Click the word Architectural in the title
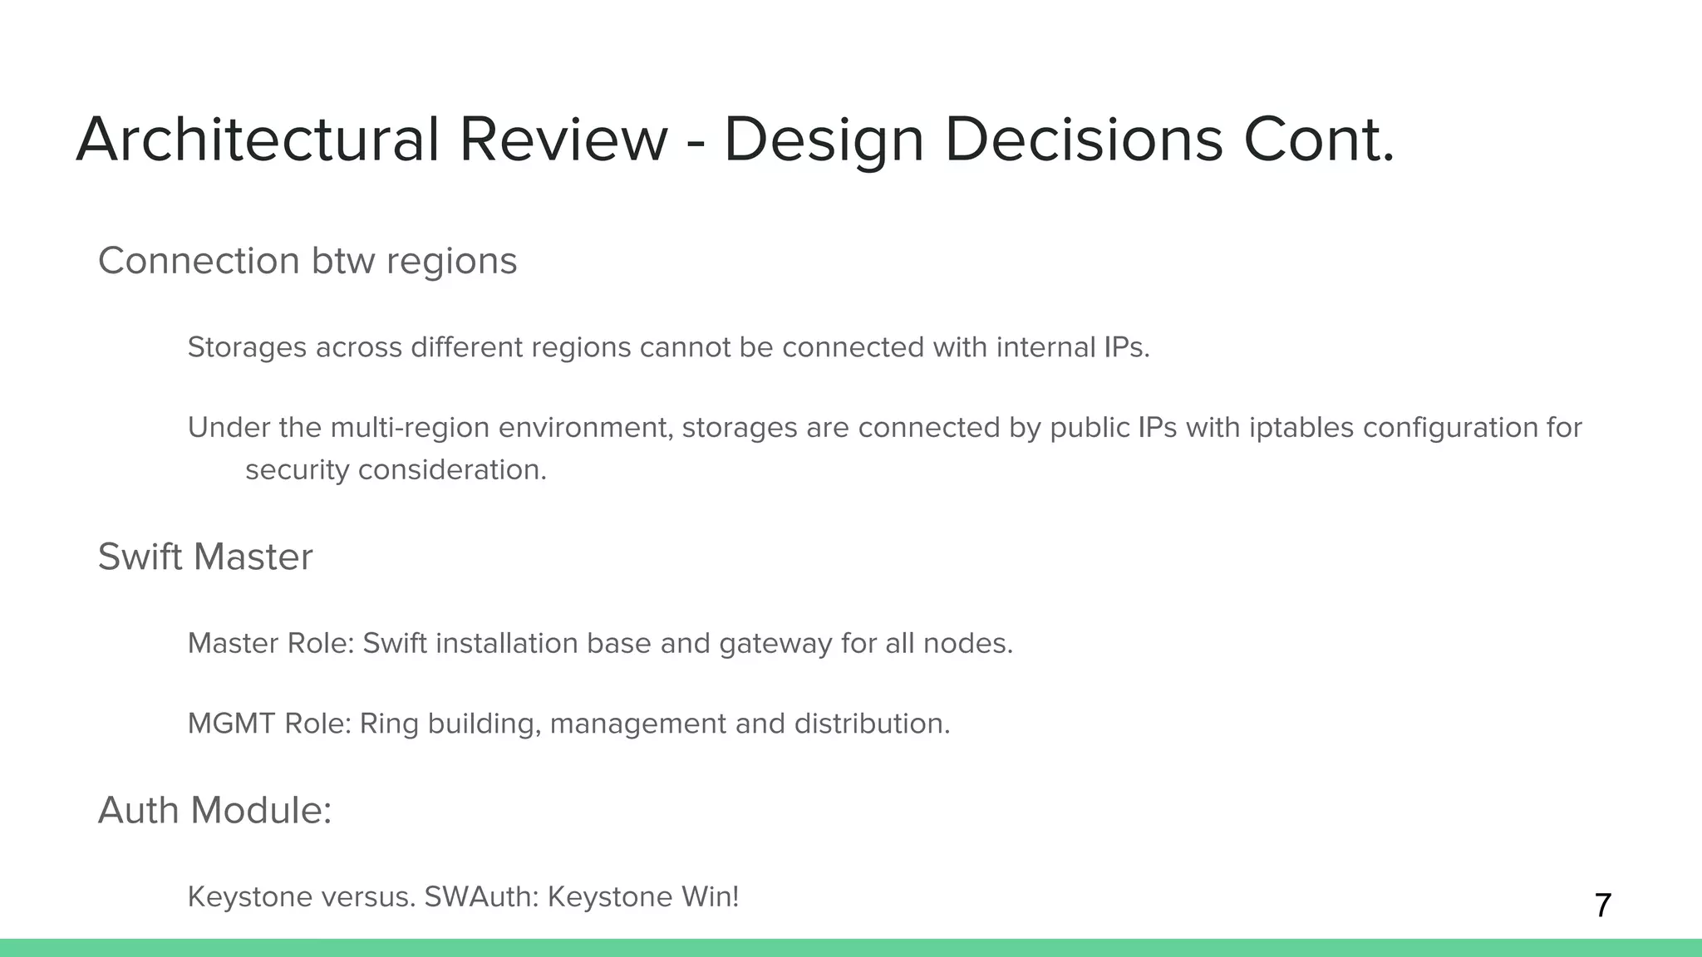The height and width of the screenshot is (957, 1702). point(257,140)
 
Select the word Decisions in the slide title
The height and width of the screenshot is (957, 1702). point(1084,140)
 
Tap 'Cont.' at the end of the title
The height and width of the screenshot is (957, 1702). point(1319,140)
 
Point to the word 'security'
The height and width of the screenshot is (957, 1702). point(297,470)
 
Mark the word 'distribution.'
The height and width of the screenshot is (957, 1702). point(872,724)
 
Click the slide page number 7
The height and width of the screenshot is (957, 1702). point(1603,905)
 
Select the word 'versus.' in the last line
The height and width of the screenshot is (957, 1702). point(368,897)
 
